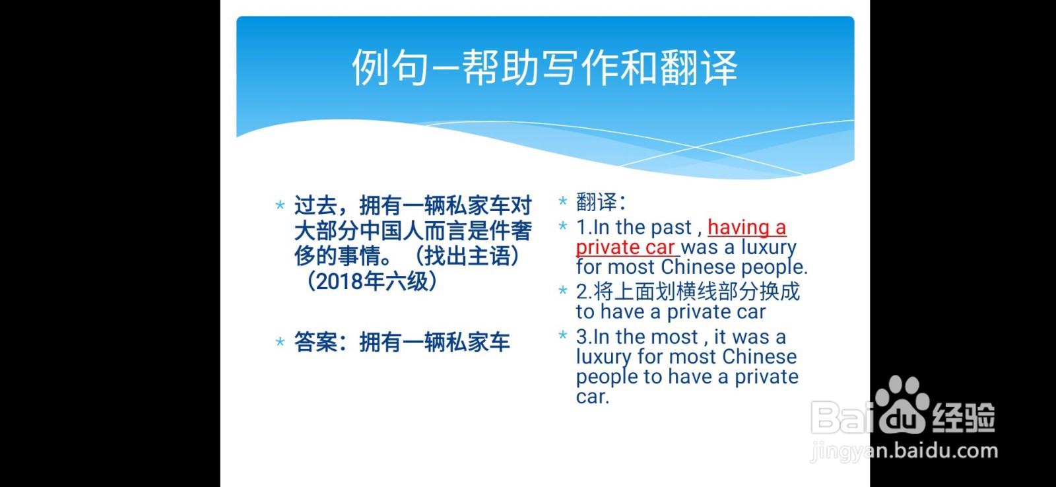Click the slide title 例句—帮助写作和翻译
coord(544,67)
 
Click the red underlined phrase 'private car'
coord(625,247)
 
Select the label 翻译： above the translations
coord(601,202)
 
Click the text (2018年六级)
coord(371,282)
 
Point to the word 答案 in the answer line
coord(315,342)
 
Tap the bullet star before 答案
coord(280,342)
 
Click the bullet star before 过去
coord(280,205)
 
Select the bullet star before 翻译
coord(562,201)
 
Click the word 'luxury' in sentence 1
coord(768,247)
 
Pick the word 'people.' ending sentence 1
coord(774,268)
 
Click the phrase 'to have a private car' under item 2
coord(671,311)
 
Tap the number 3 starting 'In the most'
coord(581,337)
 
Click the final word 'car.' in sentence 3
coord(592,397)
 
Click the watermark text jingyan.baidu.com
coord(904,451)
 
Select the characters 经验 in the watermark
coord(963,417)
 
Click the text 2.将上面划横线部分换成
coord(687,292)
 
